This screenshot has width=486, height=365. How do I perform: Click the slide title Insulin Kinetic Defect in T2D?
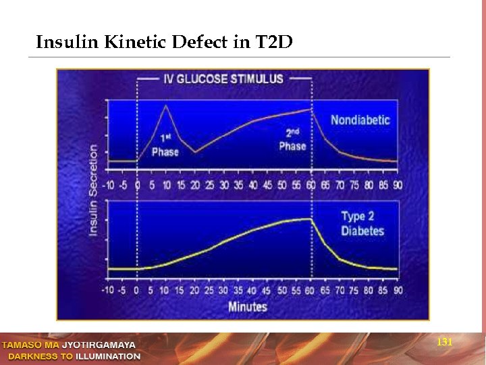click(164, 43)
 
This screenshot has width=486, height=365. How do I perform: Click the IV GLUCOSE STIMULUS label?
click(223, 79)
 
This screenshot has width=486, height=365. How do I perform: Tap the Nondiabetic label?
click(360, 120)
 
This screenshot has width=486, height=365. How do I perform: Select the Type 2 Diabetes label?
click(362, 224)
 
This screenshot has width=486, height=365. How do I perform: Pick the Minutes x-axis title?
click(247, 306)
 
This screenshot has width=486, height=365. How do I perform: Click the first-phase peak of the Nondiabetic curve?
click(166, 105)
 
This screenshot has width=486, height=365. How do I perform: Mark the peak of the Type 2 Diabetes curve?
click(310, 218)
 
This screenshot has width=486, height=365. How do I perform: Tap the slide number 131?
click(444, 343)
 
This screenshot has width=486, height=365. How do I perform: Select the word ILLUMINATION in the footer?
click(108, 356)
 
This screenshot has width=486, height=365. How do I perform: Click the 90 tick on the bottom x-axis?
click(398, 291)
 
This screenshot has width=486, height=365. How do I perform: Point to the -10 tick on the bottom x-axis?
click(108, 291)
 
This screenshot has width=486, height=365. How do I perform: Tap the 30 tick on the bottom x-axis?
click(224, 291)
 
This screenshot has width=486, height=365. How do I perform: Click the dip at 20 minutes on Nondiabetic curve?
click(195, 152)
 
